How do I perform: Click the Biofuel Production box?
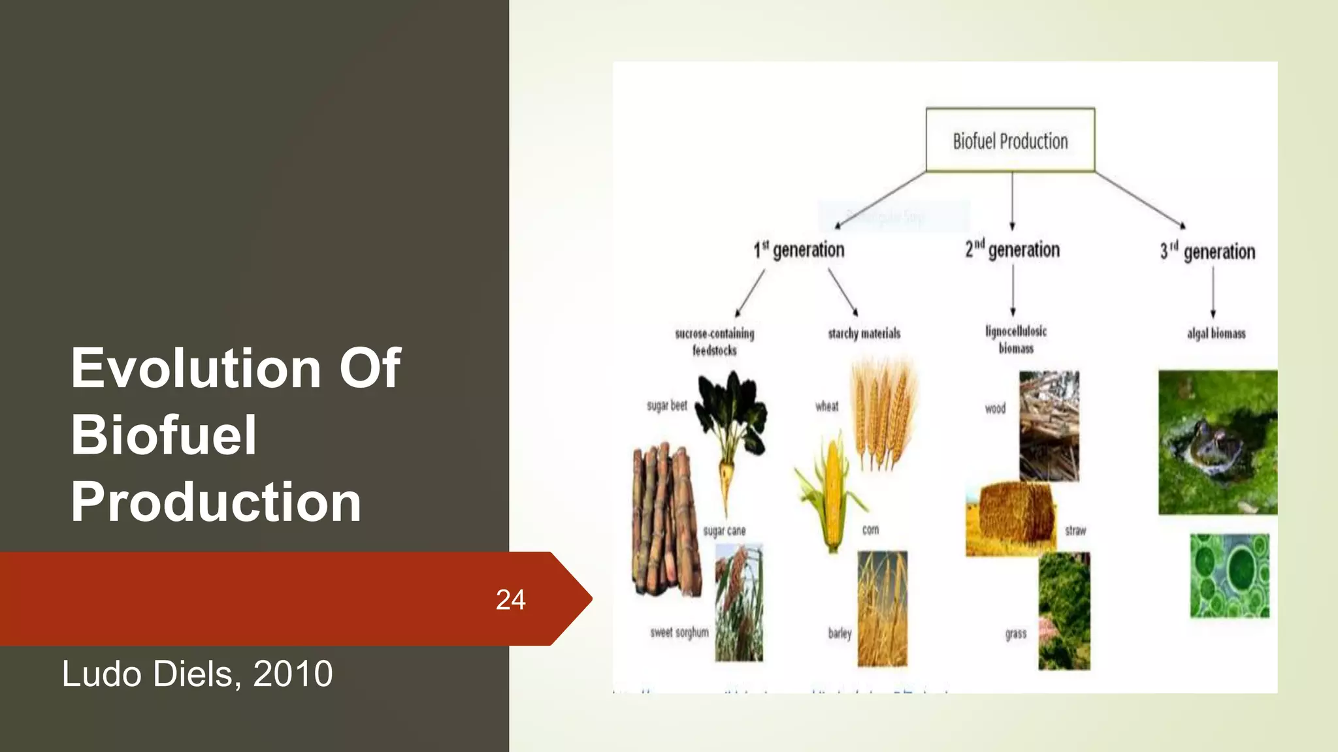pos(1010,140)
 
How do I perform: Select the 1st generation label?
pos(799,250)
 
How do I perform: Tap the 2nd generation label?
pos(1013,250)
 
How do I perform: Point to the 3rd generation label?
pos(1207,252)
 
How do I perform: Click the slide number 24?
pos(510,600)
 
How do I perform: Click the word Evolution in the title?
pos(196,369)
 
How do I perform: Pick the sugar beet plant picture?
pos(730,431)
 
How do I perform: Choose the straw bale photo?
pos(1011,519)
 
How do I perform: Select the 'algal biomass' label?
pos(1216,334)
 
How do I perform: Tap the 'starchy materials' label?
pos(864,334)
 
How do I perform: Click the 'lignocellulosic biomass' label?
pos(1016,339)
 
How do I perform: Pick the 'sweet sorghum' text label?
pos(679,633)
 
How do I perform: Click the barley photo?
pos(882,608)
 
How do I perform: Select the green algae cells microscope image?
pos(1230,575)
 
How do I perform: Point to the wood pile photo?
pos(1049,426)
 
